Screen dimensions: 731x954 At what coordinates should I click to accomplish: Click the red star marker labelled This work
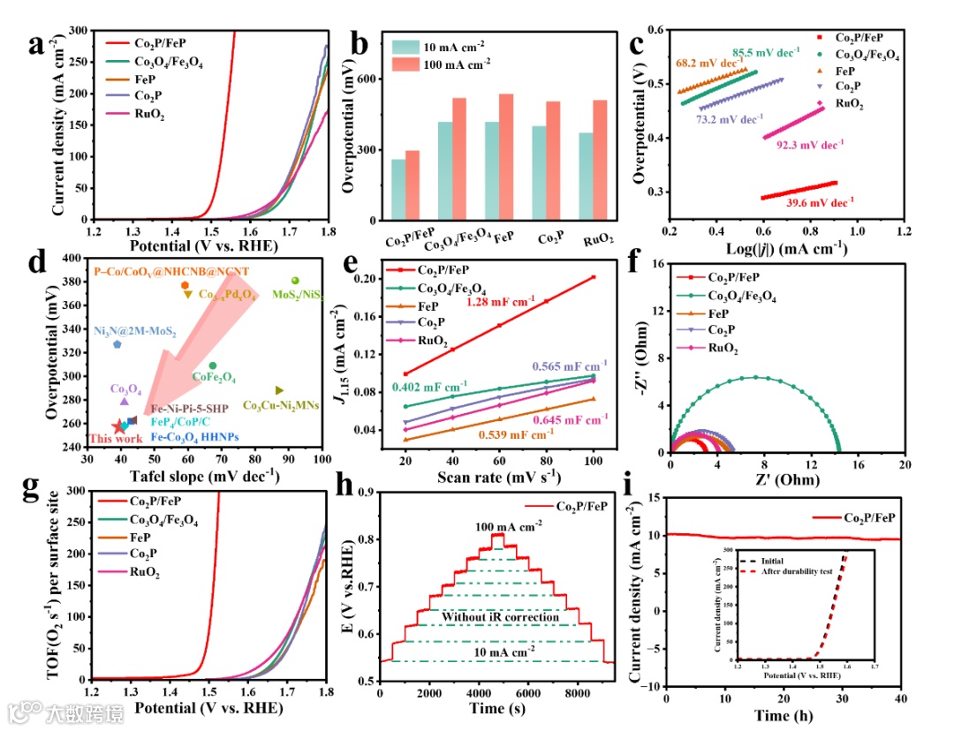[119, 427]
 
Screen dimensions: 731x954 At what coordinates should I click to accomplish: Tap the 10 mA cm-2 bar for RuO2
[586, 177]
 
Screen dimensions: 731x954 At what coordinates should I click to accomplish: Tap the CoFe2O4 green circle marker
[212, 365]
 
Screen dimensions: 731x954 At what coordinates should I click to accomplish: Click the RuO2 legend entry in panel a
[149, 114]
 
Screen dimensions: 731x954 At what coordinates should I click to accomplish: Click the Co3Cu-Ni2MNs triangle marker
[279, 390]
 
